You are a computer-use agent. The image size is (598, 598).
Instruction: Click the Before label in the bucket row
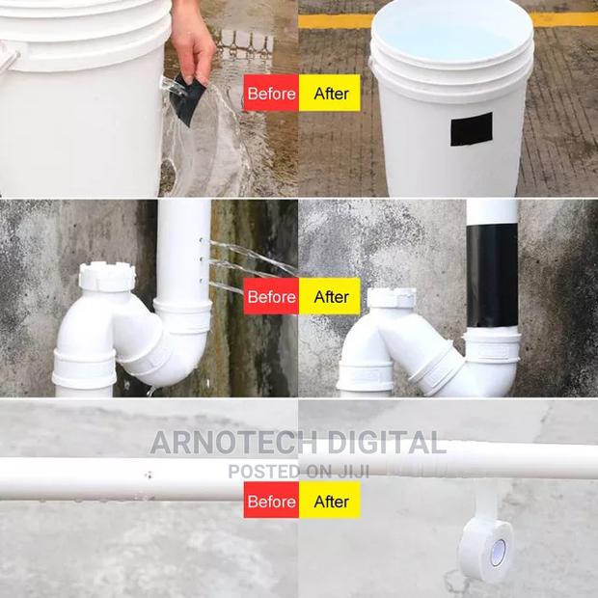pyautogui.click(x=271, y=94)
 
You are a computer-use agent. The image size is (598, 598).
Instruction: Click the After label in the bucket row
pyautogui.click(x=330, y=94)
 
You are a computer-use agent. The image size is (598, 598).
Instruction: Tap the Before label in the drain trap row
pyautogui.click(x=271, y=296)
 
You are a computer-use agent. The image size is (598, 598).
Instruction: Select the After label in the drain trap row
pyautogui.click(x=330, y=296)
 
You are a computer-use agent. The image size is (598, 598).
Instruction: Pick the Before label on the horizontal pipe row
pyautogui.click(x=271, y=501)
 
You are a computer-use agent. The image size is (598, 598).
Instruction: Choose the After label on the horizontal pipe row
pyautogui.click(x=330, y=501)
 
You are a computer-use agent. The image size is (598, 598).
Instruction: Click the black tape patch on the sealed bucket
pyautogui.click(x=471, y=129)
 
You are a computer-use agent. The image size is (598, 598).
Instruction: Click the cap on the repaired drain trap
pyautogui.click(x=392, y=298)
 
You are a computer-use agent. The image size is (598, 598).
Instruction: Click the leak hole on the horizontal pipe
pyautogui.click(x=148, y=475)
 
